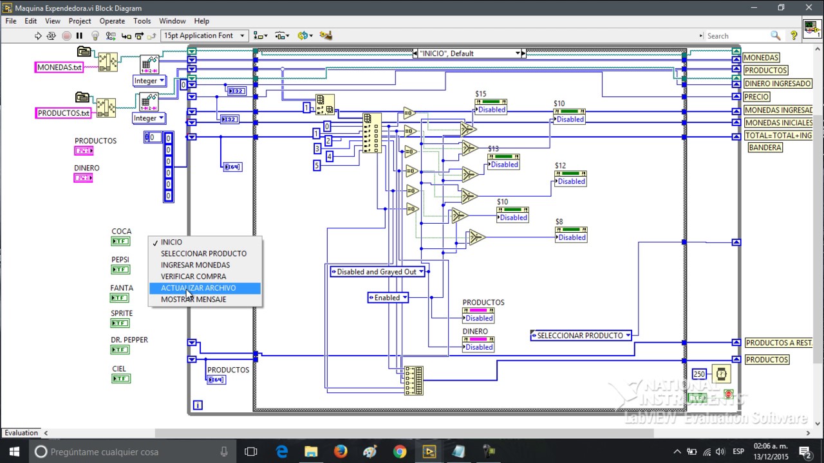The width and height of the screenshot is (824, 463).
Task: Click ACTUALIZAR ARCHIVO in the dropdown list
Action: pyautogui.click(x=198, y=288)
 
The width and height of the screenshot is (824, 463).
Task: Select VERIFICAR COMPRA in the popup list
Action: pyautogui.click(x=193, y=277)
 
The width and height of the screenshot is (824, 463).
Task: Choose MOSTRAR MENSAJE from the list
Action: pyautogui.click(x=193, y=300)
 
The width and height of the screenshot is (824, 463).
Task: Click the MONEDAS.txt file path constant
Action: pyautogui.click(x=59, y=68)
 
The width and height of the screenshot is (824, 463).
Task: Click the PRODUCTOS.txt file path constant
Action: pyautogui.click(x=63, y=113)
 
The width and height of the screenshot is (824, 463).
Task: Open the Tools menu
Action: pyautogui.click(x=142, y=21)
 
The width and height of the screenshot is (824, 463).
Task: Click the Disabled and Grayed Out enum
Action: pyautogui.click(x=377, y=272)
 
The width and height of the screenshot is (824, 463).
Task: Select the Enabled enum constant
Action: pyautogui.click(x=388, y=298)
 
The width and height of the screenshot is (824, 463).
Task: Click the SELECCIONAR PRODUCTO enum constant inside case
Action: pyautogui.click(x=581, y=335)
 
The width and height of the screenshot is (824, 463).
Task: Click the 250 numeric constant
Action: pyautogui.click(x=699, y=374)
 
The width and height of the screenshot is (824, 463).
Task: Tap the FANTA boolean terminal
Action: pyautogui.click(x=120, y=298)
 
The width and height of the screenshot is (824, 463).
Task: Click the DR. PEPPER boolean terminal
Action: pyautogui.click(x=120, y=350)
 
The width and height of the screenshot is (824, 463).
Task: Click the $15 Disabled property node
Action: pyautogui.click(x=491, y=110)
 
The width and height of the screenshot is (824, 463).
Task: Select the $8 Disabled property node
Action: pyautogui.click(x=571, y=237)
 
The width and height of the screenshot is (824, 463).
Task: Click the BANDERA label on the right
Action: pyautogui.click(x=765, y=147)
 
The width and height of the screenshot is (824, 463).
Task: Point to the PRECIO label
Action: pyautogui.click(x=756, y=96)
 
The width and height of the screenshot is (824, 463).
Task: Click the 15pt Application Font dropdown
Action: pyautogui.click(x=203, y=36)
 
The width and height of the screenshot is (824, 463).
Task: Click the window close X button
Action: pyautogui.click(x=809, y=8)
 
